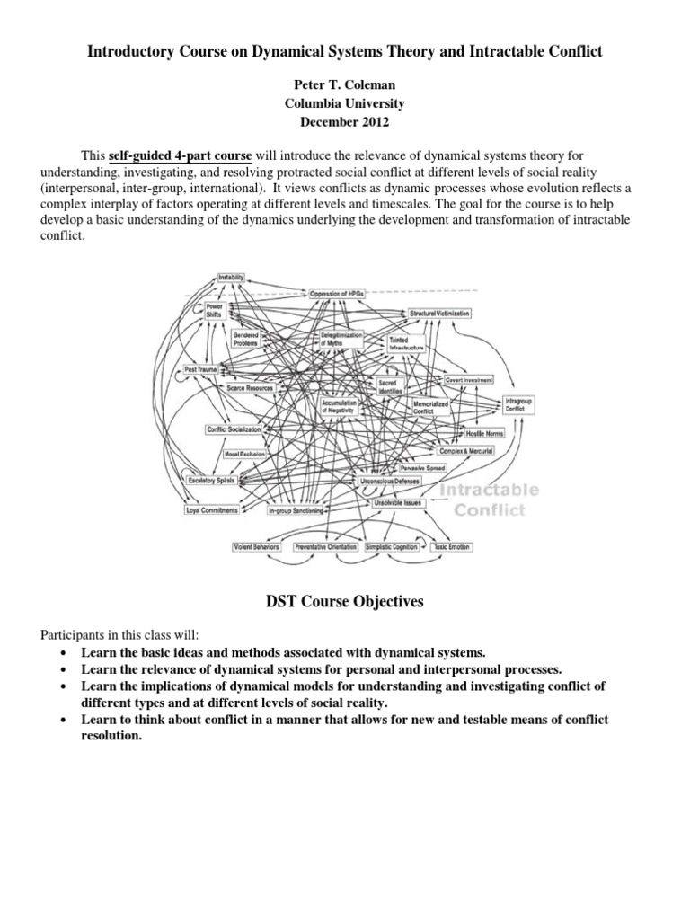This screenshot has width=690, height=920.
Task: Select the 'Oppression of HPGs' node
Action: pos(341,294)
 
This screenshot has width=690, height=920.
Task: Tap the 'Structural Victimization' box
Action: pos(439,313)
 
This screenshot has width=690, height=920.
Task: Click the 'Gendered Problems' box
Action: pos(245,339)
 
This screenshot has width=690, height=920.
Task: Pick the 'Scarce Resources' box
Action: pos(249,388)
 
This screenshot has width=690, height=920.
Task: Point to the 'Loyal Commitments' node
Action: pos(211,510)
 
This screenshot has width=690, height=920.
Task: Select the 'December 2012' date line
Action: pos(344,119)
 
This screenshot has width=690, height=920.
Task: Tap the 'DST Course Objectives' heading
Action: pos(344,602)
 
